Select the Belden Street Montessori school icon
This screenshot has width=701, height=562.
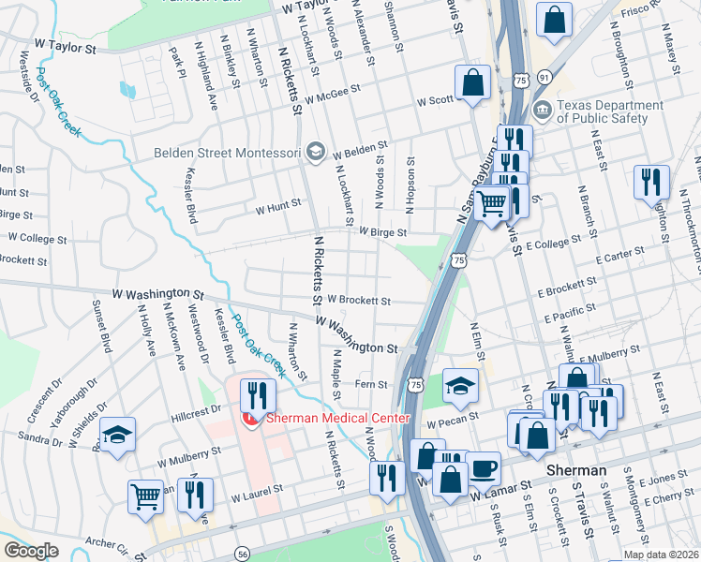pyautogui.click(x=315, y=152)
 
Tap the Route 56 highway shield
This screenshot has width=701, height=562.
pyautogui.click(x=244, y=555)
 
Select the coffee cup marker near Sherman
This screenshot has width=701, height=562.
pyautogui.click(x=484, y=467)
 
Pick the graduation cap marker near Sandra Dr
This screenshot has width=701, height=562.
pyautogui.click(x=118, y=434)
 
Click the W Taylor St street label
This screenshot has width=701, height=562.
pyautogui.click(x=65, y=44)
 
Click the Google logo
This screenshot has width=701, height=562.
pyautogui.click(x=31, y=551)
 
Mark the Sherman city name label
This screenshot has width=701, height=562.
pyautogui.click(x=573, y=469)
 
